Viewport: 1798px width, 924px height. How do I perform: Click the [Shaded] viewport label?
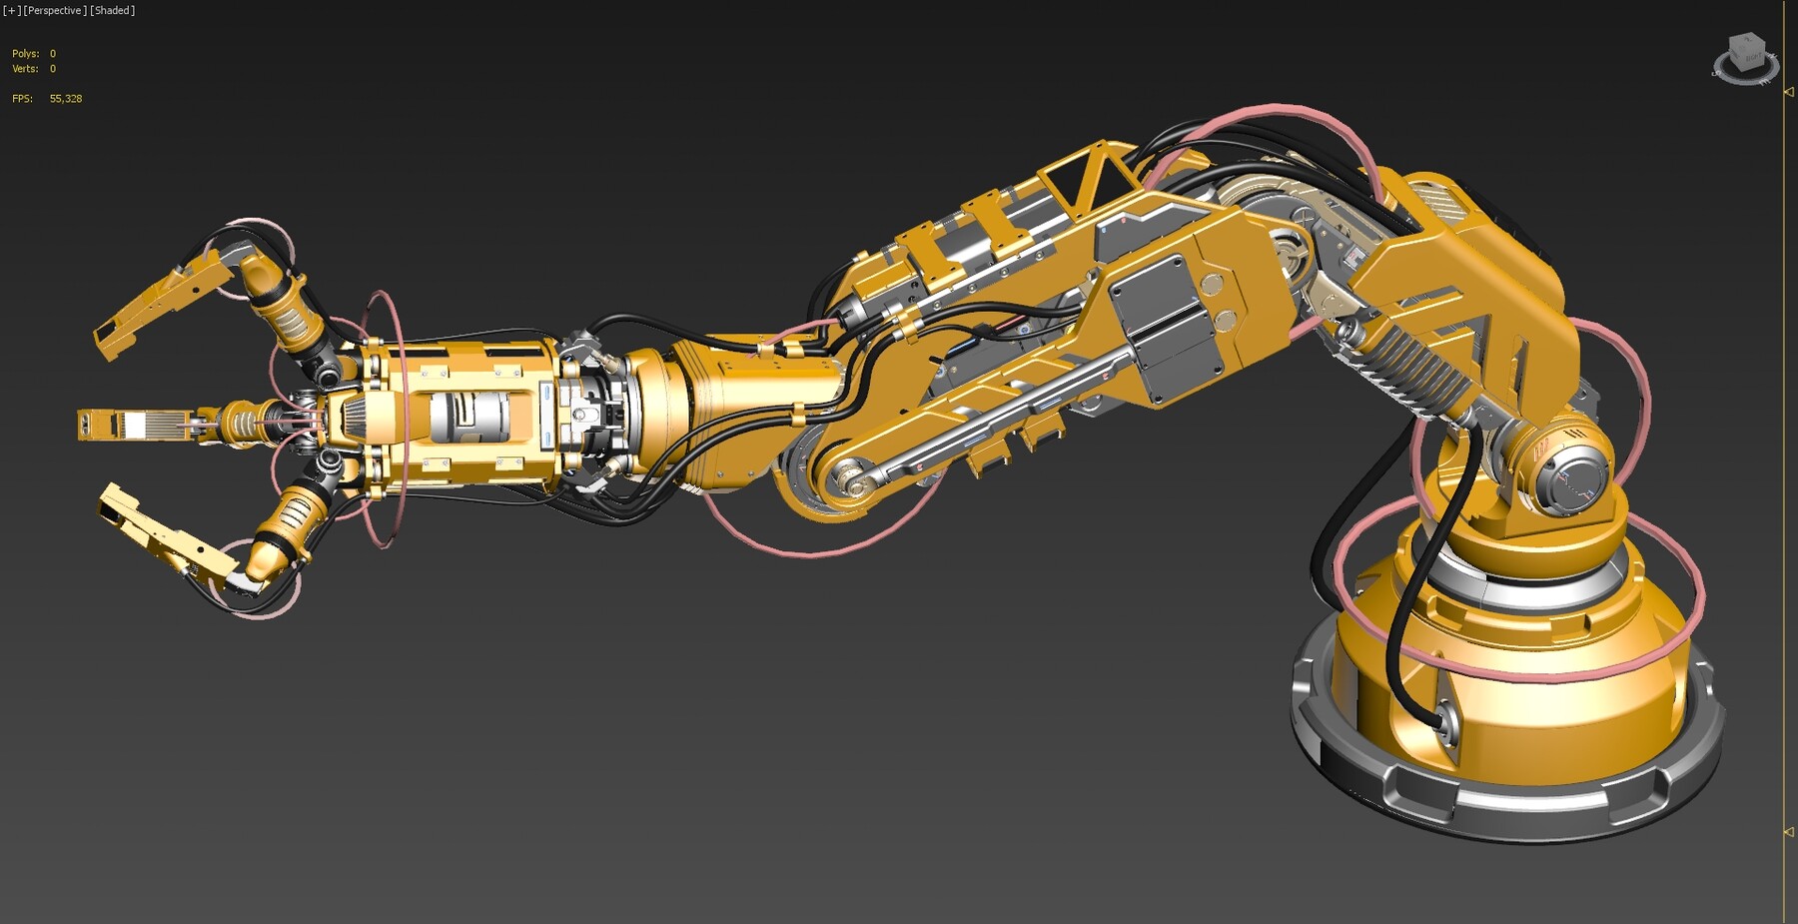pyautogui.click(x=112, y=10)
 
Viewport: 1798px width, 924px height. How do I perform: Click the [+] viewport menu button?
pyautogui.click(x=11, y=10)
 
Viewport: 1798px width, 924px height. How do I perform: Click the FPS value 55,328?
pyautogui.click(x=66, y=99)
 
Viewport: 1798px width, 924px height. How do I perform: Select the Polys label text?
pyautogui.click(x=25, y=54)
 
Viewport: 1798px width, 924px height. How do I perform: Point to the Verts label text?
pyautogui.click(x=25, y=69)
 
